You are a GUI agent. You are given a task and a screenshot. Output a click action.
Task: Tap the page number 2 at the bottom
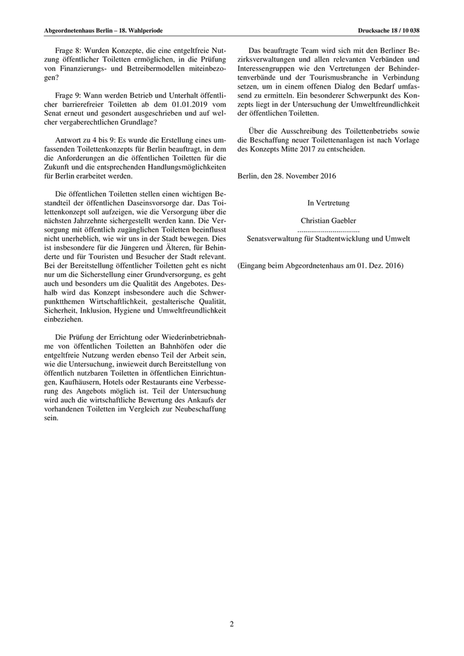[x=232, y=624]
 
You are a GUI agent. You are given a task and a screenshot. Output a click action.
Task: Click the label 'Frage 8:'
[x=69, y=50]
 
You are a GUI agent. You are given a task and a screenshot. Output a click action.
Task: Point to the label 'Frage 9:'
[x=69, y=95]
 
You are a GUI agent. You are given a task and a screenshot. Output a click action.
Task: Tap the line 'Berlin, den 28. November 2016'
[x=286, y=176]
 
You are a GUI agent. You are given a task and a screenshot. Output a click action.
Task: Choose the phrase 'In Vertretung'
[x=328, y=203]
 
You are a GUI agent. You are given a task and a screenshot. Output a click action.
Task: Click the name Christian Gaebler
[x=328, y=220]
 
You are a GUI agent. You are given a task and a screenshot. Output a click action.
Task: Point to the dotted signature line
[x=328, y=229]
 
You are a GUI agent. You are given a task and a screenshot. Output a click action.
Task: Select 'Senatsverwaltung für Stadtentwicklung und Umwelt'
[x=328, y=238]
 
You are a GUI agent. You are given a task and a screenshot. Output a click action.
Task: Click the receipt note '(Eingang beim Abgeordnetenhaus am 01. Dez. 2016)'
[x=320, y=265]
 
